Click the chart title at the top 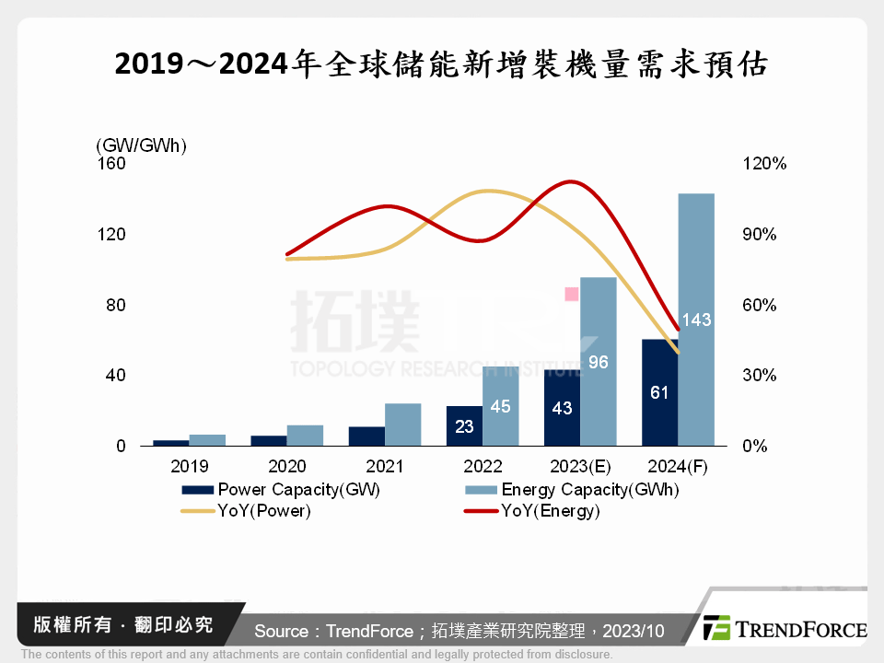pyautogui.click(x=441, y=64)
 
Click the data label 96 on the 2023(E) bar pyautogui.click(x=599, y=362)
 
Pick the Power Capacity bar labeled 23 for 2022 pyautogui.click(x=464, y=425)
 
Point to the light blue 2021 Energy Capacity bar pyautogui.click(x=402, y=425)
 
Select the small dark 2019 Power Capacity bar pyautogui.click(x=170, y=443)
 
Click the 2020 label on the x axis pyautogui.click(x=285, y=467)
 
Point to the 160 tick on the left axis pyautogui.click(x=111, y=163)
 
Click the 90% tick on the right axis pyautogui.click(x=760, y=234)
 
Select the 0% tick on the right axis pyautogui.click(x=754, y=446)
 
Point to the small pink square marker pyautogui.click(x=571, y=294)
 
